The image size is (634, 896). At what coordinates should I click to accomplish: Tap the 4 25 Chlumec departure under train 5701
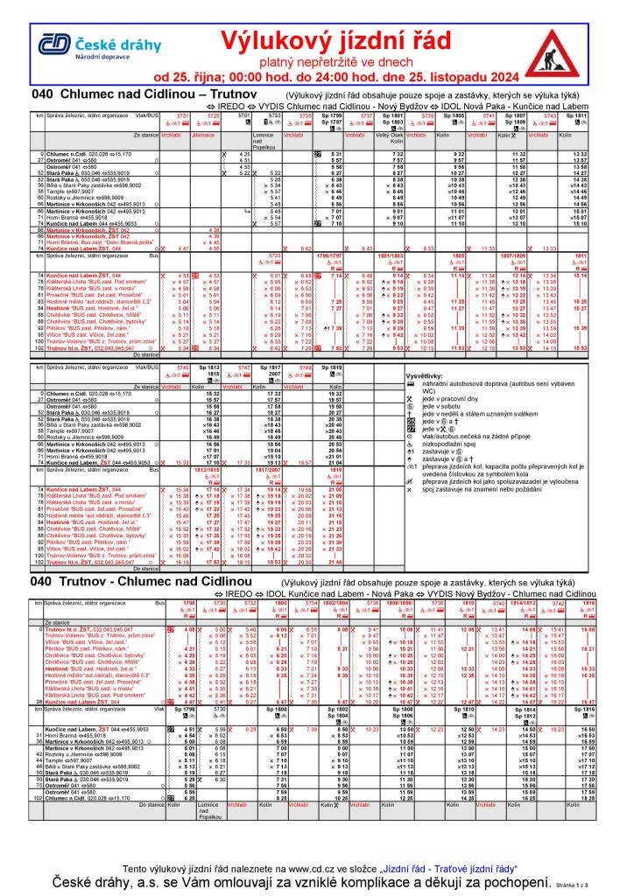click(244, 155)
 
